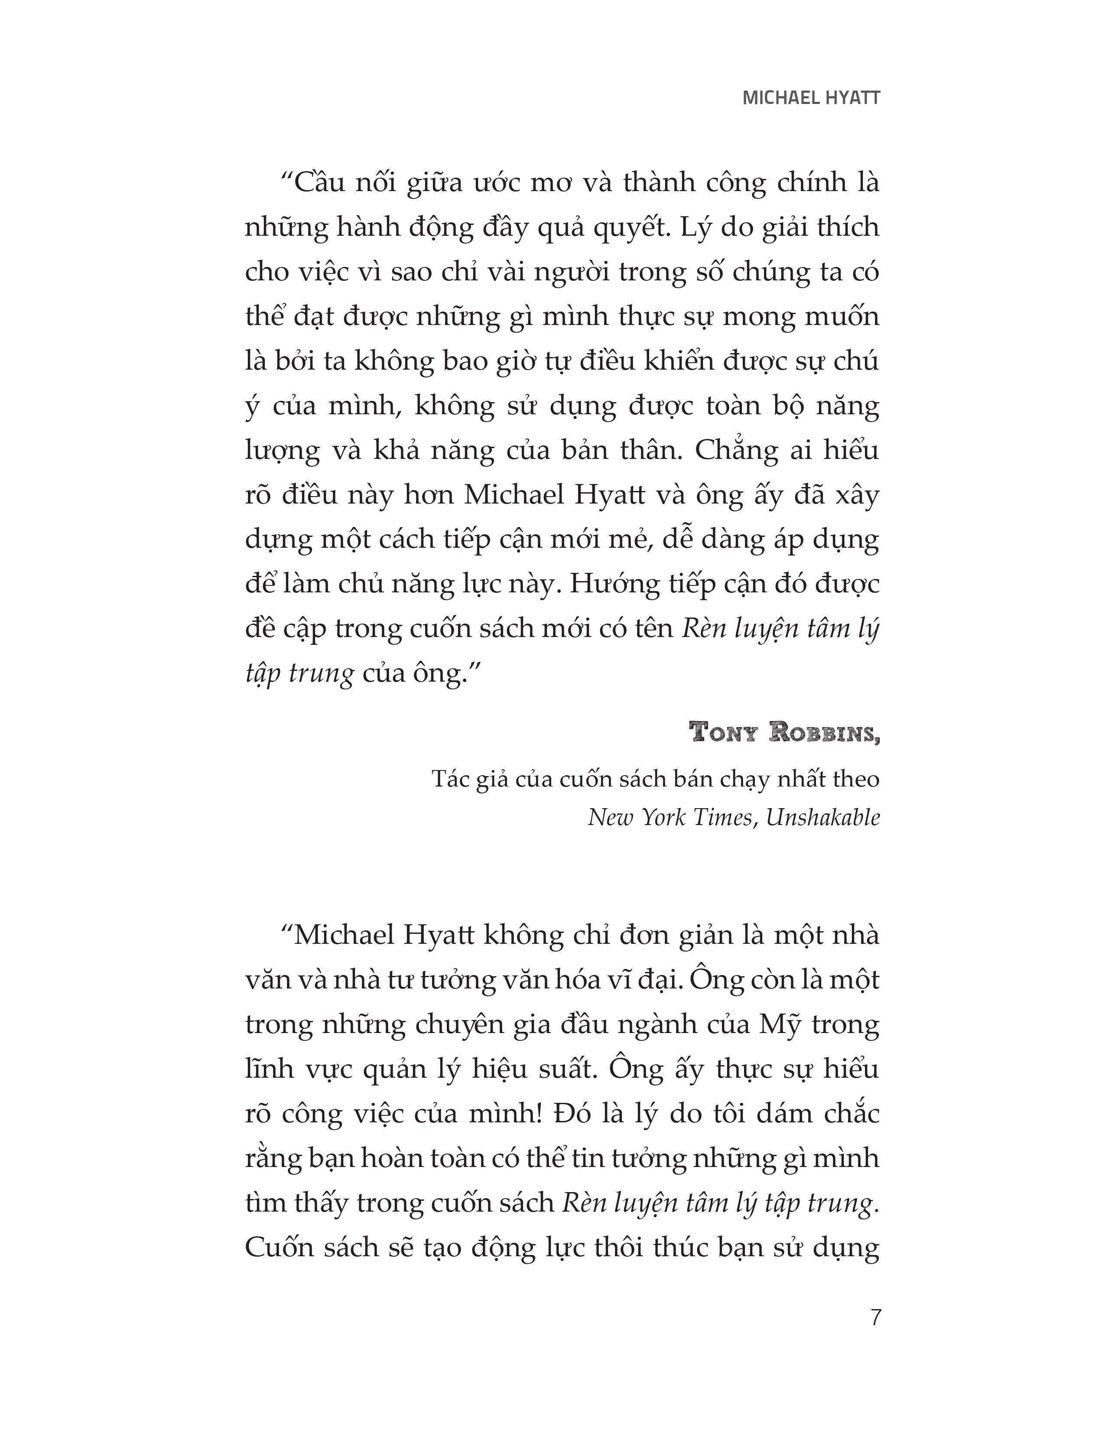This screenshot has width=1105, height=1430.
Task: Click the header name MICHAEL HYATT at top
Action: tap(811, 98)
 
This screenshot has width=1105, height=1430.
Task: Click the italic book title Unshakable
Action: tap(823, 817)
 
